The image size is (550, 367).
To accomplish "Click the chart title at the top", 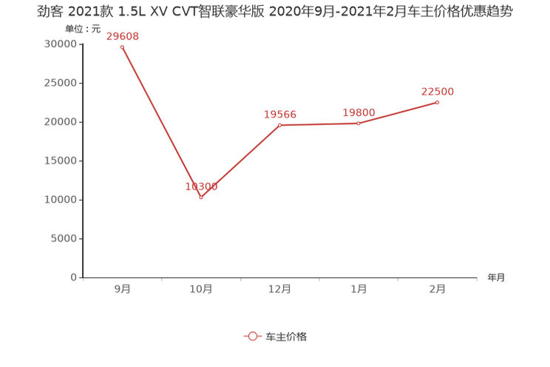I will (x=274, y=13).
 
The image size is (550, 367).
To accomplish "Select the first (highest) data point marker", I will (x=122, y=47).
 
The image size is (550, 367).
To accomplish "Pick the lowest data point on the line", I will (x=201, y=198).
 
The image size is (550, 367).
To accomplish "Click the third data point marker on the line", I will (x=280, y=125).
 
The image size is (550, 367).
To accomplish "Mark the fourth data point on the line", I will (x=359, y=124).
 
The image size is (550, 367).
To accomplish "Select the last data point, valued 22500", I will (x=438, y=102).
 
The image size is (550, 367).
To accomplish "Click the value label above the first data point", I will (x=122, y=36).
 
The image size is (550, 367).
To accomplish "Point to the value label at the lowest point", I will (x=201, y=186).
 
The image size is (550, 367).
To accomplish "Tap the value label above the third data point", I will (x=280, y=114).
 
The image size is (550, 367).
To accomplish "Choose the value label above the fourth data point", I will (x=359, y=112).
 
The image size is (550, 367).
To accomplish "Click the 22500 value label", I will (x=438, y=91).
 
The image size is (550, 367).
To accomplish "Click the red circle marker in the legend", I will (x=253, y=336).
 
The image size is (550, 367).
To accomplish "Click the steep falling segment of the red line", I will (x=161, y=122).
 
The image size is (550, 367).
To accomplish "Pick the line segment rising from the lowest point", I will (x=240, y=161).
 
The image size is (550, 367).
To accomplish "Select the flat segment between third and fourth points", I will (x=319, y=124).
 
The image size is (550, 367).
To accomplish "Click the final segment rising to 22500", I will (x=399, y=113).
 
